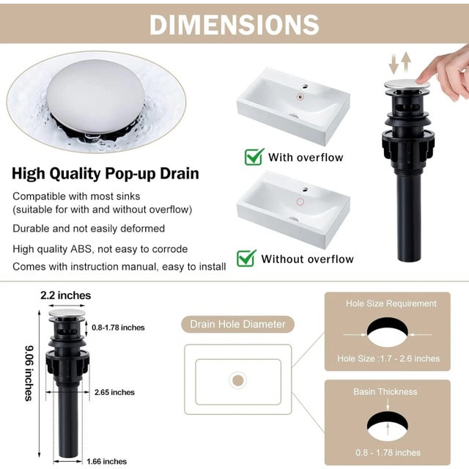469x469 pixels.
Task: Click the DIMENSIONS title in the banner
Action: tap(234, 24)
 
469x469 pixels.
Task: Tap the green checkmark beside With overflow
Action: tap(254, 157)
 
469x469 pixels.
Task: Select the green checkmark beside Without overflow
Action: tap(246, 258)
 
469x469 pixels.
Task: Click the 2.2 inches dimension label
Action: tap(65, 295)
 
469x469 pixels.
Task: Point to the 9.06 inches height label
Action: tap(29, 373)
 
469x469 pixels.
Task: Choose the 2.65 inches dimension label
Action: tap(114, 392)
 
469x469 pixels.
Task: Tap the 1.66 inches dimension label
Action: tap(107, 461)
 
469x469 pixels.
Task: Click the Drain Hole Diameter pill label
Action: tap(237, 324)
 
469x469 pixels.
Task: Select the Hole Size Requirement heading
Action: tap(391, 303)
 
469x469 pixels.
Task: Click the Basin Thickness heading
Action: tap(385, 391)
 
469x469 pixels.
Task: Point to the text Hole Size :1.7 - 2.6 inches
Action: tap(388, 358)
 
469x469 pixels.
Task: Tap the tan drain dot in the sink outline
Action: tap(237, 381)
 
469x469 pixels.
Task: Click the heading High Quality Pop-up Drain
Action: tap(106, 174)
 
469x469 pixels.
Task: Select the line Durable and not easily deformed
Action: tap(89, 229)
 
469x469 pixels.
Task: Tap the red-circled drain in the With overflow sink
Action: tap(300, 97)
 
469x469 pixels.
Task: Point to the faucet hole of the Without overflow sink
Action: tap(305, 190)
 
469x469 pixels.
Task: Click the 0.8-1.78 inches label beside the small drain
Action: tap(118, 328)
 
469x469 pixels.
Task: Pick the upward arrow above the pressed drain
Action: tap(405, 62)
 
